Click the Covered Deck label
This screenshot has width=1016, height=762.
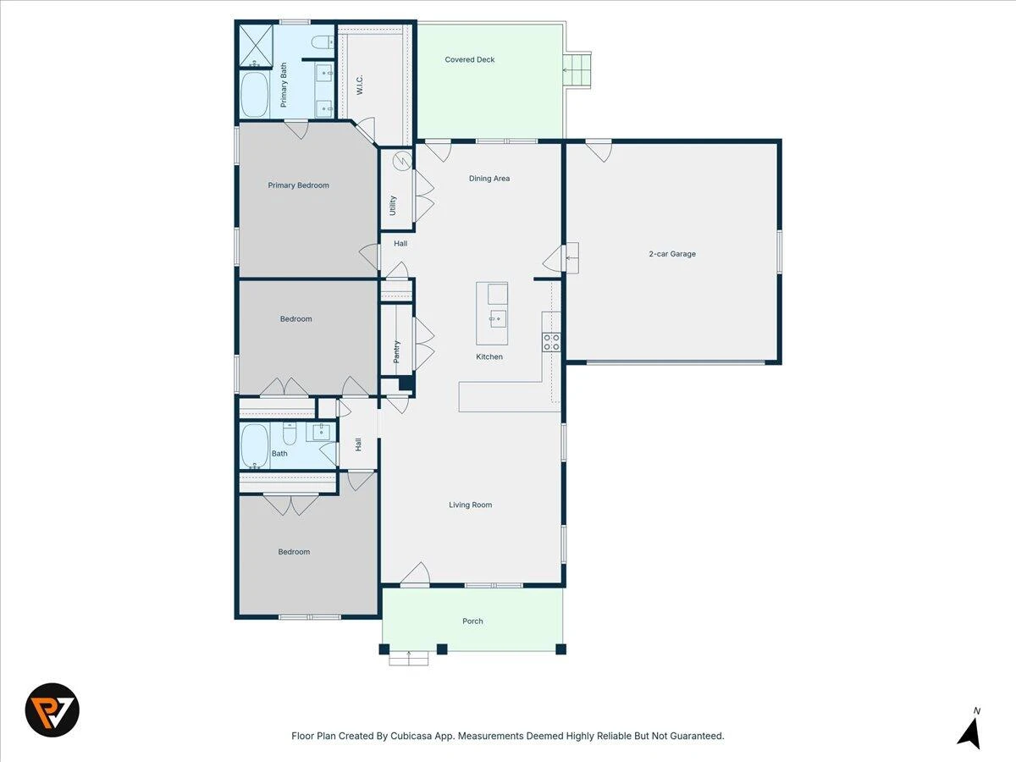click(469, 59)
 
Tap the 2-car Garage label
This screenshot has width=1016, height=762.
click(672, 253)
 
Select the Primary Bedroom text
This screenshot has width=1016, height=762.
click(299, 185)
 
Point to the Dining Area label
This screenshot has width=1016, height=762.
click(489, 178)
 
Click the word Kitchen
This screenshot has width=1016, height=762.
click(489, 356)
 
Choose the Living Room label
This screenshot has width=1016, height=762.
click(470, 505)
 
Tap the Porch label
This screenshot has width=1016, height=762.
click(472, 621)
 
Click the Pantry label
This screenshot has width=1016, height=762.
click(396, 351)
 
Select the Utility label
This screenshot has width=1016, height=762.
click(393, 206)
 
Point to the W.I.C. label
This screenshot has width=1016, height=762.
click(360, 85)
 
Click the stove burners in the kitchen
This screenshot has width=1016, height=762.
click(551, 342)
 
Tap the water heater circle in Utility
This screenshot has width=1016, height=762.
click(402, 161)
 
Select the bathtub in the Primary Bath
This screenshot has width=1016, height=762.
click(255, 94)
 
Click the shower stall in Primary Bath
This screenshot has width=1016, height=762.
click(256, 46)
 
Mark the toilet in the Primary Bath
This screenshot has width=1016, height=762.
click(323, 43)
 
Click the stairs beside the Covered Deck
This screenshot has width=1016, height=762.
click(577, 70)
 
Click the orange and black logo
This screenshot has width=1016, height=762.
click(52, 710)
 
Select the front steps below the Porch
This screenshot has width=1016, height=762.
click(409, 658)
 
